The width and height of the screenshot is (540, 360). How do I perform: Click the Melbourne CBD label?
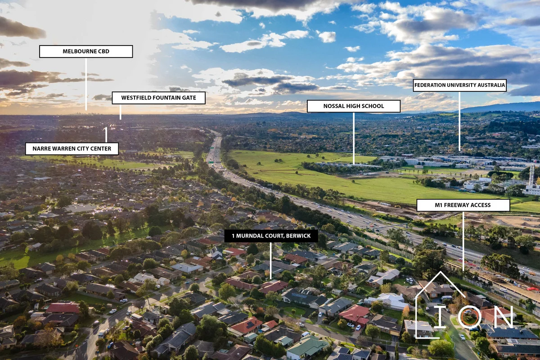click(x=86, y=51)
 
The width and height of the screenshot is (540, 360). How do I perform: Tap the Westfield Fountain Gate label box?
click(x=158, y=98)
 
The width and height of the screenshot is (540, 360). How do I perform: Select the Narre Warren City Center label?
click(x=72, y=148)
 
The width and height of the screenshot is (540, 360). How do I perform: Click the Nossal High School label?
click(x=354, y=106)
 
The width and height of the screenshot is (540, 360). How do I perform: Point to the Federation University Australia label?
click(x=460, y=85)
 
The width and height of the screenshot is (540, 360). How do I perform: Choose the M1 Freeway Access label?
click(x=463, y=205)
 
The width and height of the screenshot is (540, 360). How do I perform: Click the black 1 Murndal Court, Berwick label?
click(x=271, y=236)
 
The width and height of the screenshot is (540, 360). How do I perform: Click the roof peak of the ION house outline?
click(x=441, y=271)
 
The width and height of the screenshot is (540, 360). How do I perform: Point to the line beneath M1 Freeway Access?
click(x=463, y=241)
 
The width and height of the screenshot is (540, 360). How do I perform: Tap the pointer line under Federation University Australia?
click(x=459, y=121)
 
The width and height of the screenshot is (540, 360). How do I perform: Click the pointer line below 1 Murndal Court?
click(x=271, y=261)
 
